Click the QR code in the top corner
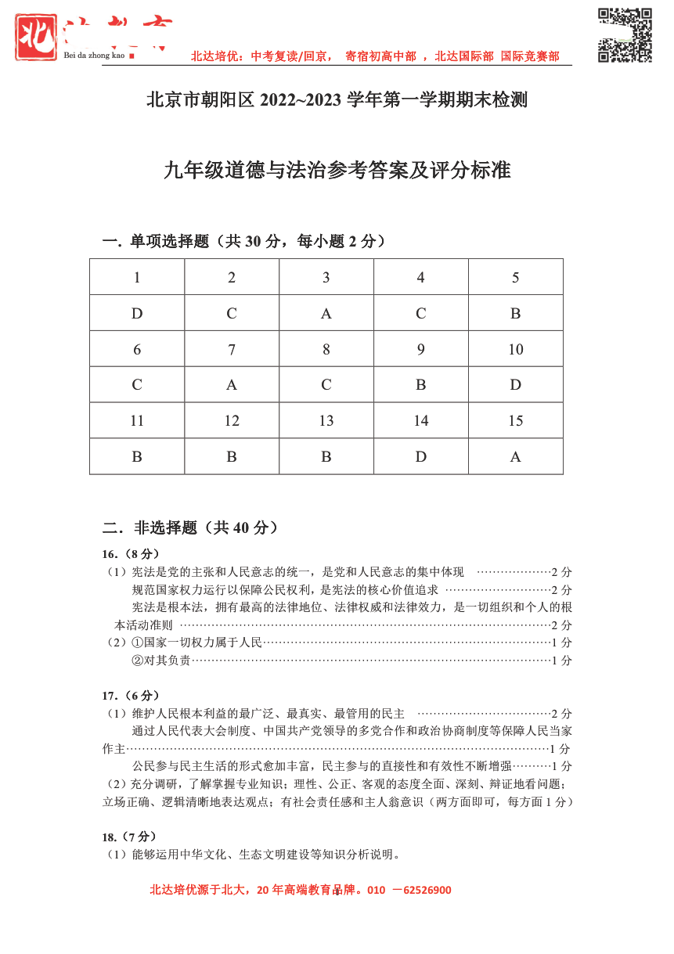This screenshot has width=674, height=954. (x=625, y=35)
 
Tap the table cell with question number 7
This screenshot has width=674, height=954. (x=232, y=349)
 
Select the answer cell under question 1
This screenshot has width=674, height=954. (x=137, y=313)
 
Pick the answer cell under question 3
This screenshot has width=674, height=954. (x=326, y=313)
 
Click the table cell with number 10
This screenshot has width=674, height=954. (x=515, y=349)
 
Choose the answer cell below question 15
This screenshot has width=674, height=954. (x=515, y=456)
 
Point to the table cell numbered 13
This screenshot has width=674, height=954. (x=326, y=421)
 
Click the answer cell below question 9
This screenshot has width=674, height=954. (x=420, y=385)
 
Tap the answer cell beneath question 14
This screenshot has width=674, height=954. (x=420, y=456)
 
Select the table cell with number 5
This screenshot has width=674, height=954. (x=515, y=278)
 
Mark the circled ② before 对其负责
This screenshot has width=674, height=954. (x=138, y=661)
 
